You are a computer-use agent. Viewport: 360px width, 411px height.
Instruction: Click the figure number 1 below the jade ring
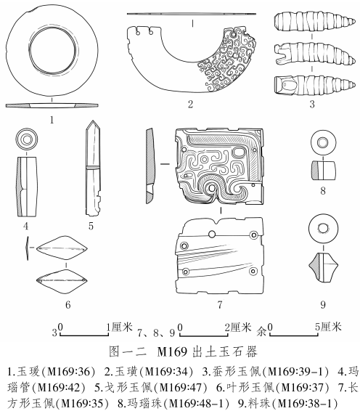coord(52,120)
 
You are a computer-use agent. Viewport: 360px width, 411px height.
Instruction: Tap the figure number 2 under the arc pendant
coord(190,105)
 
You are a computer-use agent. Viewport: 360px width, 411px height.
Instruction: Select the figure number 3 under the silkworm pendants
coord(312,105)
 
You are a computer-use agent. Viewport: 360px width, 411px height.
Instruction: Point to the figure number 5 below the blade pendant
coord(91,226)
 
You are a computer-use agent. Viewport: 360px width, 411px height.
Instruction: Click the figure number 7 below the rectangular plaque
coord(220,304)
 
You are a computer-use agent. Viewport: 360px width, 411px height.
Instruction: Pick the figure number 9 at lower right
coord(323,304)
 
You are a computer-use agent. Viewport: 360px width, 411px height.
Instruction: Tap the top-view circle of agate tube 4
coord(26,139)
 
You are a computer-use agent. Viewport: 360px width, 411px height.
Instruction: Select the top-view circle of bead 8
coord(322,143)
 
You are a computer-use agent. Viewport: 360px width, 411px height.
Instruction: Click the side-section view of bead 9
coord(323,266)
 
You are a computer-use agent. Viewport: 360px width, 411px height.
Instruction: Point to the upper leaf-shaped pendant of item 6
coord(62,248)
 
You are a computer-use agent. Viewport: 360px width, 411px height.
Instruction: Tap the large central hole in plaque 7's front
coord(211,188)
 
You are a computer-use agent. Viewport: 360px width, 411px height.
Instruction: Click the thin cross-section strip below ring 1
coord(52,105)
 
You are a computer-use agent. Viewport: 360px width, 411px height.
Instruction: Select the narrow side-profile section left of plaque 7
coord(150,166)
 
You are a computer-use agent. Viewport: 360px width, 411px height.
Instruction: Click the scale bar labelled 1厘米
coord(84,334)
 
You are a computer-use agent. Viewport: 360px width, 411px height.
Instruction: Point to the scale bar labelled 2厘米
coord(203,334)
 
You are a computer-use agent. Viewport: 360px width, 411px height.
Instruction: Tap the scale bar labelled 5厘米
coord(294,334)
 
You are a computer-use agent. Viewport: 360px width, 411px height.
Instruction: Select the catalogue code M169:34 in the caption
coord(167,372)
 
